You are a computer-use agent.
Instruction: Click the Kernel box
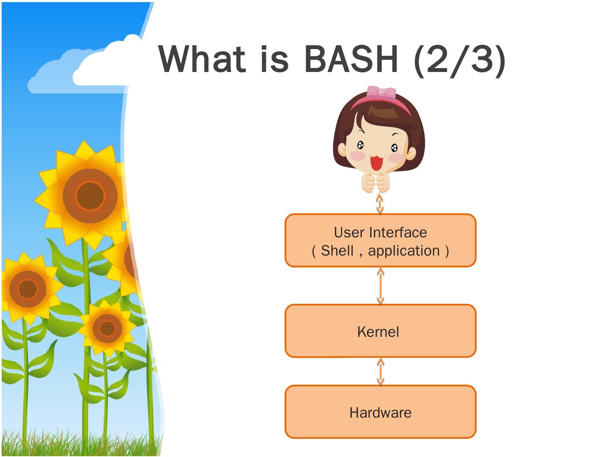pyautogui.click(x=380, y=331)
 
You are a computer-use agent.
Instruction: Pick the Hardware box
pyautogui.click(x=380, y=412)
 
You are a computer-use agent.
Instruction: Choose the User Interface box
pyautogui.click(x=380, y=240)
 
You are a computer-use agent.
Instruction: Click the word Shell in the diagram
pyautogui.click(x=337, y=251)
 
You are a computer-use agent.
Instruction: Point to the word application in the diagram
pyautogui.click(x=404, y=251)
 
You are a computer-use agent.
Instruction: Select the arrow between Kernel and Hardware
pyautogui.click(x=380, y=372)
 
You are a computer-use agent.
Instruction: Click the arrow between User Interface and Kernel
pyautogui.click(x=380, y=286)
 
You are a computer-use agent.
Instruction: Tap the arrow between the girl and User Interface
pyautogui.click(x=380, y=204)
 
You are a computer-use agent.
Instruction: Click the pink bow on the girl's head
pyautogui.click(x=381, y=93)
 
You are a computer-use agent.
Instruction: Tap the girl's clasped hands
pyautogui.click(x=376, y=183)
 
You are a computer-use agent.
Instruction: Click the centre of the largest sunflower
pyautogui.click(x=90, y=195)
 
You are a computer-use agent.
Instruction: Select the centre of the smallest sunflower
pyautogui.click(x=107, y=328)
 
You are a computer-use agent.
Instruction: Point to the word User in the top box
pyautogui.click(x=349, y=232)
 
